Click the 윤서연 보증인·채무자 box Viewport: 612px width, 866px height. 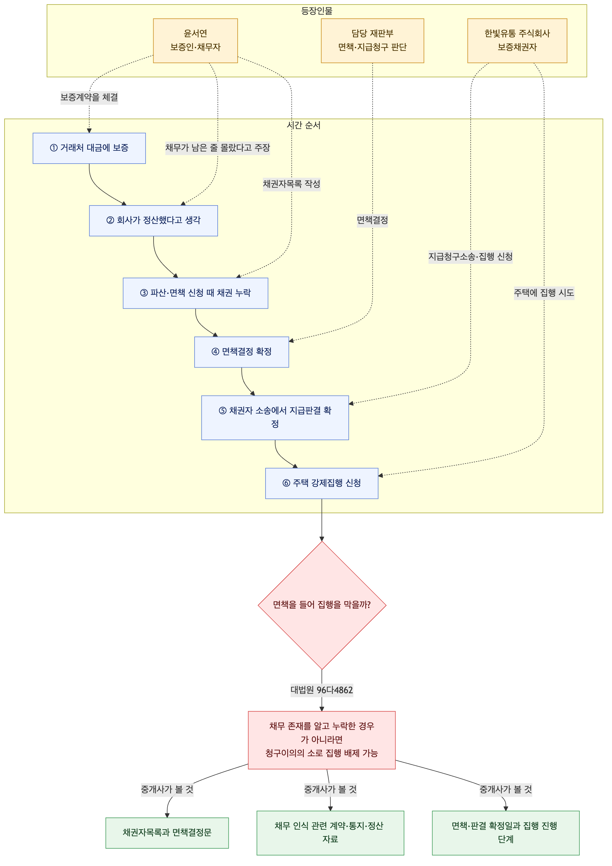tap(195, 41)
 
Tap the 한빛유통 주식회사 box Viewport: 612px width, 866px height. tap(517, 41)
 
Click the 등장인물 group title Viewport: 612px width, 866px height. tap(317, 11)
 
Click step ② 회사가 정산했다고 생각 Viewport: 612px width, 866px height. tap(154, 221)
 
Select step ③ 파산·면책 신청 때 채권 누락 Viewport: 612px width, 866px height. tap(195, 293)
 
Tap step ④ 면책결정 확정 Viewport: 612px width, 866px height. tap(242, 352)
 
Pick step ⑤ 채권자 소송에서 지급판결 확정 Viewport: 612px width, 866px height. tap(275, 418)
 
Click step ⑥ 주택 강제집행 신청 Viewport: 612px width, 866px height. tap(322, 483)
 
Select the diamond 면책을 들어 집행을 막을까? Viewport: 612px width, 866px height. tap(322, 605)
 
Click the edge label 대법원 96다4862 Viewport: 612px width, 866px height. tap(322, 690)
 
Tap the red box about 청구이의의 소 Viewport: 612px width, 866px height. tap(322, 740)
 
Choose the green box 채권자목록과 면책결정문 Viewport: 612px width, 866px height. tap(167, 833)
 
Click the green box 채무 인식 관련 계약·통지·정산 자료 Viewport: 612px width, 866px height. tap(330, 833)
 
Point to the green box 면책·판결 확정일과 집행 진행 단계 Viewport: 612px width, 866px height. tap(506, 833)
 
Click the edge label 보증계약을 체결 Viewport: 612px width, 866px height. tap(89, 97)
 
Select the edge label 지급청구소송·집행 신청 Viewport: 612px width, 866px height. tap(471, 257)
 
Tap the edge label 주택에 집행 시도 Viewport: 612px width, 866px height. tap(544, 293)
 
